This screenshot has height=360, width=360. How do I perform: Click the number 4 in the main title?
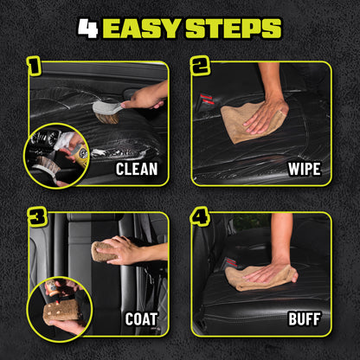tap(87, 28)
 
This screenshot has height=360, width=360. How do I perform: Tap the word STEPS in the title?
tap(233, 28)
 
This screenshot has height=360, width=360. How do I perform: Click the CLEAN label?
tap(137, 168)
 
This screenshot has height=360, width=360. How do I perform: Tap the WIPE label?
tap(302, 168)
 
